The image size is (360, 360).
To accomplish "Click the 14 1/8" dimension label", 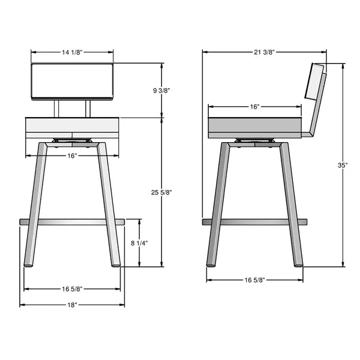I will (x=72, y=52).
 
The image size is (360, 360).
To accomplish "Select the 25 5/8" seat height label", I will (x=163, y=192).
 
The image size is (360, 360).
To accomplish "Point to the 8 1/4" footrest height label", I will (x=139, y=243).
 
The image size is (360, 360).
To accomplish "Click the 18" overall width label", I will (x=72, y=305).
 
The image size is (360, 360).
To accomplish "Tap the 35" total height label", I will (x=343, y=165).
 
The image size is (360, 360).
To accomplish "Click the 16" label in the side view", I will (x=254, y=106).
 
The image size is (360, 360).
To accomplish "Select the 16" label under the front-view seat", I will (x=72, y=155).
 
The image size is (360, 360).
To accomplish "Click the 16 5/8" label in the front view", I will (x=72, y=289).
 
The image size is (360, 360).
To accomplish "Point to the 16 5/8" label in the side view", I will (x=254, y=280).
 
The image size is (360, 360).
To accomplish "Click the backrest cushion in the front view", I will (x=72, y=80).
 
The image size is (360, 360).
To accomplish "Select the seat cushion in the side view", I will (x=254, y=127).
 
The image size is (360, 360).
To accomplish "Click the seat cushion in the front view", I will (x=72, y=128).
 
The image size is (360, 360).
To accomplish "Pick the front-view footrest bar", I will (x=72, y=222).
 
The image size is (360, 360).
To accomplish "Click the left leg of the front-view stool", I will (x=36, y=204).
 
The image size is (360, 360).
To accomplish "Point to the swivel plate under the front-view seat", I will (x=72, y=142).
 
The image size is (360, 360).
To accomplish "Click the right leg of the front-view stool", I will (x=108, y=204).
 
